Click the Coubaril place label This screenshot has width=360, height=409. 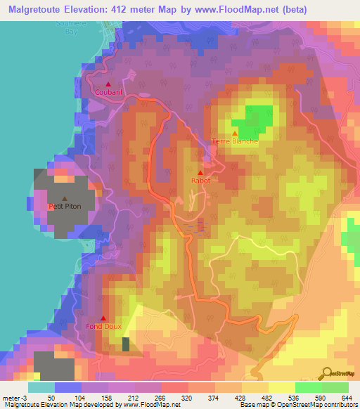pyautogui.click(x=108, y=91)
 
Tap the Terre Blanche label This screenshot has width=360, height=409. pyautogui.click(x=235, y=141)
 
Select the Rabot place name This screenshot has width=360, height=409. pyautogui.click(x=200, y=181)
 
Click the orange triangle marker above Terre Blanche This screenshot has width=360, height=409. pyautogui.click(x=235, y=133)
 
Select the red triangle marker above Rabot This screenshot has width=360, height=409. pyautogui.click(x=200, y=173)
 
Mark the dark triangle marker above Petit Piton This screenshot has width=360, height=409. pyautogui.click(x=65, y=199)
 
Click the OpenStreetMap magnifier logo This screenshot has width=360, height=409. pyautogui.click(x=328, y=373)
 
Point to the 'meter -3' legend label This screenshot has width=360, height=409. pyautogui.click(x=15, y=397)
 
